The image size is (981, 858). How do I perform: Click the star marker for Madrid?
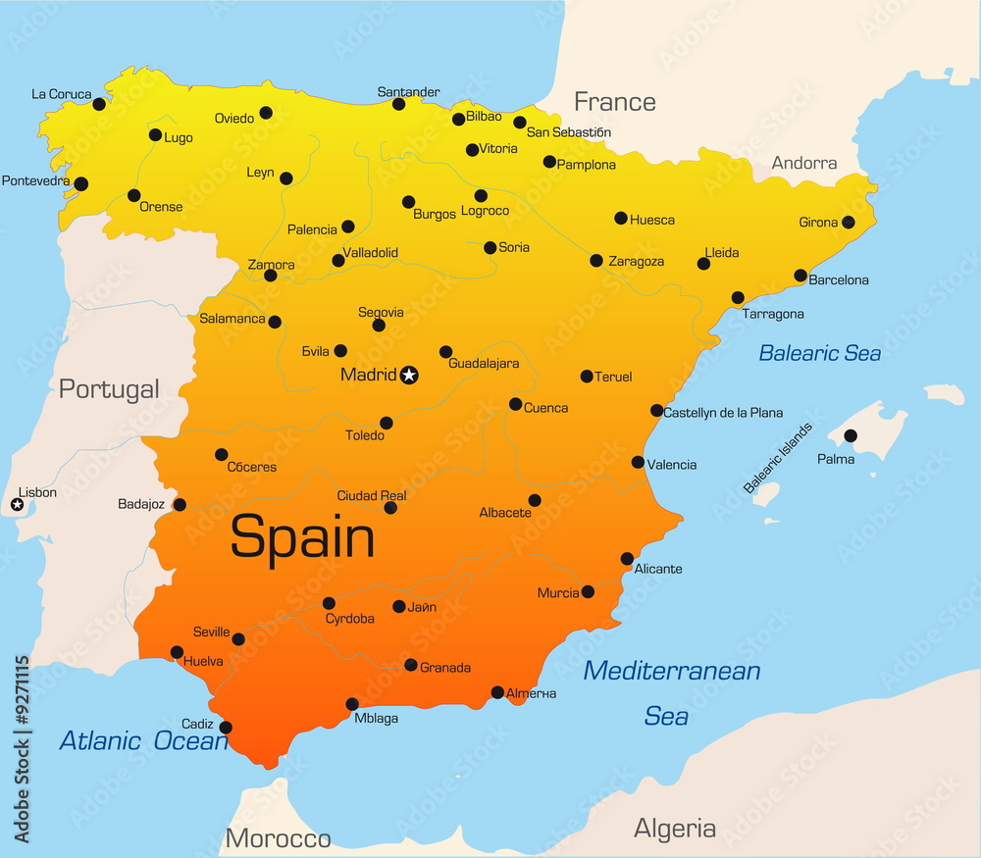coord(410,374)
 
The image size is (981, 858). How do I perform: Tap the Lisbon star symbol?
coord(17,505)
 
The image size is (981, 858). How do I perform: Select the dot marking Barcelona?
coord(800,276)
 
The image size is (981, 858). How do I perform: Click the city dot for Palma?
coord(850,435)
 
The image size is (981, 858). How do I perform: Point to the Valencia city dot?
coord(638,462)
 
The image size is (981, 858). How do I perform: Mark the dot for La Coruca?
coord(98,104)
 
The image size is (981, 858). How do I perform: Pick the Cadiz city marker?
coord(226,728)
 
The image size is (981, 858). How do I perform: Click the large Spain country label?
coord(302,538)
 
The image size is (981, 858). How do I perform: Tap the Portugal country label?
coord(108,389)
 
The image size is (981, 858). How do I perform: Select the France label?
coord(614,102)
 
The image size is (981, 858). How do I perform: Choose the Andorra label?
coord(804,163)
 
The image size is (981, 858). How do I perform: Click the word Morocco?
coord(278,838)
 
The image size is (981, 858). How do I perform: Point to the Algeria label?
coord(675,829)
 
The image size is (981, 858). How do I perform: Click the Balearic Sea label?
coord(820,353)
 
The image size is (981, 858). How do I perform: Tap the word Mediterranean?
coord(672,671)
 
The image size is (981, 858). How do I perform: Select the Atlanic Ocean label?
coord(143,740)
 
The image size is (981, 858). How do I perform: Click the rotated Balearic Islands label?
coord(778,457)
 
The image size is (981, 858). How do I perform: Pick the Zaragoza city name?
coord(636,262)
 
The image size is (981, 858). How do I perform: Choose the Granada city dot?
coord(411,665)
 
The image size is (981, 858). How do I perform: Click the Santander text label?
coord(408,92)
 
